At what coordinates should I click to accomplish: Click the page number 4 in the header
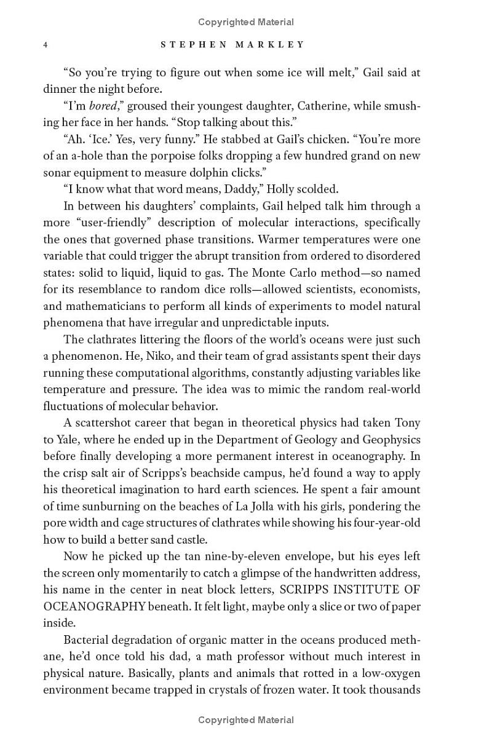click(x=46, y=44)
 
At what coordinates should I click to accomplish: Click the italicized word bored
click(x=103, y=106)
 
